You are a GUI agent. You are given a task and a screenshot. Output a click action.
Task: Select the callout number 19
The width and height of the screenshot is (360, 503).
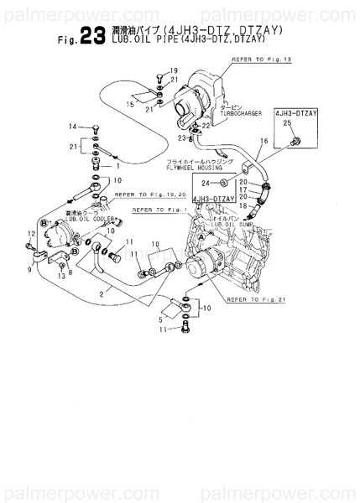[x=174, y=70]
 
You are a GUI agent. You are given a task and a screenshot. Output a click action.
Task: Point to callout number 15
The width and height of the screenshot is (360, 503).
[x=131, y=103]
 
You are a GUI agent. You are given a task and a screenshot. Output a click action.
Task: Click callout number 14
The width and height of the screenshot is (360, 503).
[x=73, y=127]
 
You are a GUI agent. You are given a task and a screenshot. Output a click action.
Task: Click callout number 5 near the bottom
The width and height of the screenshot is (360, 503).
[x=161, y=318]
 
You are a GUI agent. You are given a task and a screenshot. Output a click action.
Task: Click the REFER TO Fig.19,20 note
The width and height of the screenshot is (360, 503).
[x=144, y=194]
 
